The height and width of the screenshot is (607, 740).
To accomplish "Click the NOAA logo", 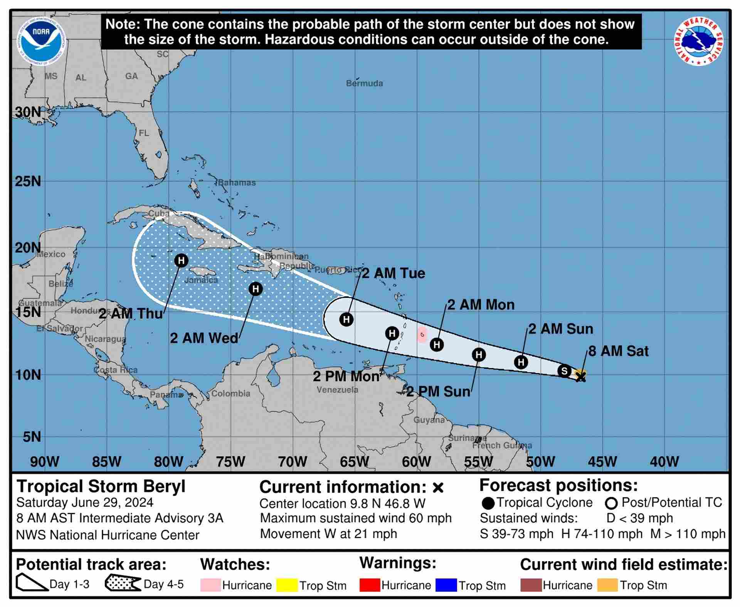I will click(42, 41).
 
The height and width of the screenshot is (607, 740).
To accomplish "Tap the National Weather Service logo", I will click(698, 41).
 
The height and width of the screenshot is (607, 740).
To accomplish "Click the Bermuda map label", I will click(364, 83).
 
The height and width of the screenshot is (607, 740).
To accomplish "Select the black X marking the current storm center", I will click(581, 377).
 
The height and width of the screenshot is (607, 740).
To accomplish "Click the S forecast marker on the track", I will click(564, 371).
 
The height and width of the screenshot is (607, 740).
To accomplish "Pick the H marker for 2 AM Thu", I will click(181, 261).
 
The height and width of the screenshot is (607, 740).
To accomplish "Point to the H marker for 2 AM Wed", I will click(256, 289).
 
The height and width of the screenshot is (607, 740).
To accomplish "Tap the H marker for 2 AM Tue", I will click(346, 319).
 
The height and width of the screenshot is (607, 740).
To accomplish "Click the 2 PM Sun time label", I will click(438, 392).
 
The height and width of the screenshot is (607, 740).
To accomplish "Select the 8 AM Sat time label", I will click(618, 351).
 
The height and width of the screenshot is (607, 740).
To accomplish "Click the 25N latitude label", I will click(28, 181).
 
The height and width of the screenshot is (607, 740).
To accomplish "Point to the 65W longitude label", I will click(354, 461).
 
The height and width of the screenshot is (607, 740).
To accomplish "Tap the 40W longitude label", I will click(664, 461).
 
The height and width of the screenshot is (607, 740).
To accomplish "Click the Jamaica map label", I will click(201, 280).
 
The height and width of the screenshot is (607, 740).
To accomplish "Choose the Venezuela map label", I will click(337, 390).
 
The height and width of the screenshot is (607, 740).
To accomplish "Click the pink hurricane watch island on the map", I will click(422, 335).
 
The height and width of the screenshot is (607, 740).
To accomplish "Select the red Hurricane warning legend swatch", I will click(370, 585).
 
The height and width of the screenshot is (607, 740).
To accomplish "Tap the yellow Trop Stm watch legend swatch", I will click(287, 585).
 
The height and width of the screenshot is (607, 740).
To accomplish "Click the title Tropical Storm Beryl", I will click(101, 486).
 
